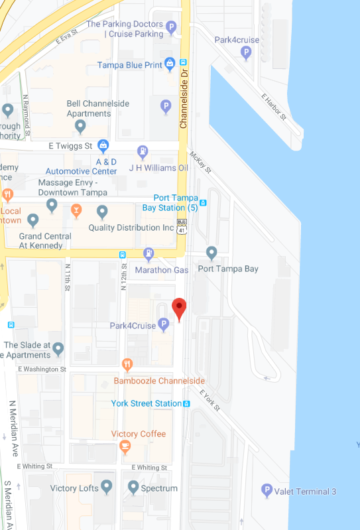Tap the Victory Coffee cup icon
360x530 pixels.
tap(125, 448)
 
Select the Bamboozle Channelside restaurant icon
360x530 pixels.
tap(128, 365)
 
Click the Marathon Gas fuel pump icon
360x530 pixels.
tap(149, 254)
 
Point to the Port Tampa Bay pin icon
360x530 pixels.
tap(211, 253)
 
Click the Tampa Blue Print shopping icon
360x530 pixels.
tap(169, 64)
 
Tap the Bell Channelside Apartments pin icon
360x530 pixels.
tap(80, 125)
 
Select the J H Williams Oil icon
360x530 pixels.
tap(143, 152)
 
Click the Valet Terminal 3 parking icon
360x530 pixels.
tap(267, 491)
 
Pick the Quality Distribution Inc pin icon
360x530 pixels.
tap(102, 212)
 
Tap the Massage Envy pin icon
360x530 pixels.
tap(52, 205)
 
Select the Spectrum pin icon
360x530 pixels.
tap(133, 488)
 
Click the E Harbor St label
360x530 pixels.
tap(273, 107)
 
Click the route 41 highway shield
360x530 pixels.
tap(181, 229)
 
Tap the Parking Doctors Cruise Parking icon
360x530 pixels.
tap(171, 28)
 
